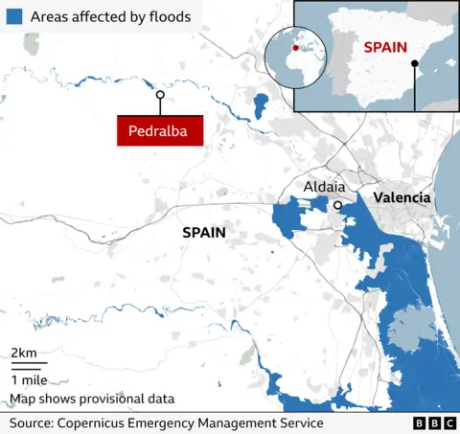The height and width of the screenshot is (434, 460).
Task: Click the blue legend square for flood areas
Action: click(13, 17)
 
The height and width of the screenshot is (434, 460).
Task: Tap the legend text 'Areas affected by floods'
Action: click(110, 17)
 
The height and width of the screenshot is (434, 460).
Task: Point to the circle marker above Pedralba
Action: click(160, 96)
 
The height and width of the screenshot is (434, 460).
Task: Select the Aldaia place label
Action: click(324, 188)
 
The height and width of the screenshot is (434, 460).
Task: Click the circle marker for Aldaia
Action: click(337, 205)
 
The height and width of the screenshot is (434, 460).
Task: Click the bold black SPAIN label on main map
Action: click(204, 233)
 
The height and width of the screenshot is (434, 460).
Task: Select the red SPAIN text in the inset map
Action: click(385, 47)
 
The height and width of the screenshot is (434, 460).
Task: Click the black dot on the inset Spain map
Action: click(414, 64)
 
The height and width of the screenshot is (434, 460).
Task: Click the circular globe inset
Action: click(295, 56)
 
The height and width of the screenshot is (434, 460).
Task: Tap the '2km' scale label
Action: click(24, 354)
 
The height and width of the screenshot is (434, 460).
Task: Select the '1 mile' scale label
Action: click(30, 379)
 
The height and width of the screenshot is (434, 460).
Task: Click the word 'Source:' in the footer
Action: click(32, 423)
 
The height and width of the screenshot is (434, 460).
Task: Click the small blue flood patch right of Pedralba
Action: click(260, 107)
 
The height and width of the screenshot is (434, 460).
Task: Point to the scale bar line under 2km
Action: click(28, 366)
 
